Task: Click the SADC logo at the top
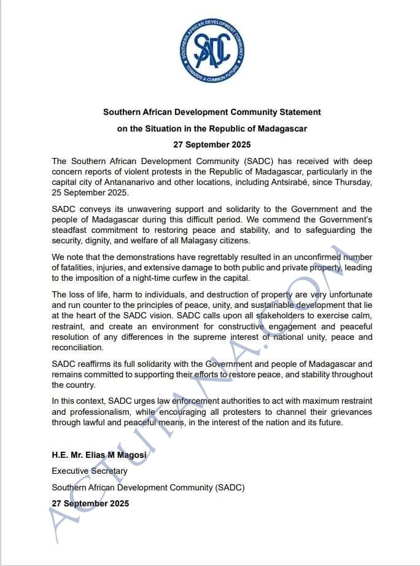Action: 212,50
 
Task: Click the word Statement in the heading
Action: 298,112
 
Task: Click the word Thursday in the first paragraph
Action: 352,183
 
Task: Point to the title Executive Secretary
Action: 90,471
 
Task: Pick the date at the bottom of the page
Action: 90,503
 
